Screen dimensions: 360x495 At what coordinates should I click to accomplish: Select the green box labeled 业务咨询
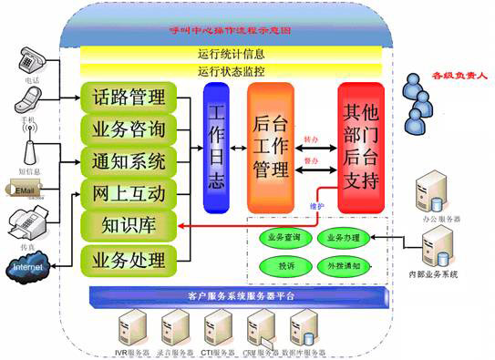(x=129, y=129)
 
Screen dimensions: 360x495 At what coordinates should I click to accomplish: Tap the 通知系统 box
(x=129, y=161)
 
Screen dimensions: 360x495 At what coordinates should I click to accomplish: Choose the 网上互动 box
(x=129, y=193)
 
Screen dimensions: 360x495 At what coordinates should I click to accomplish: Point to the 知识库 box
(x=129, y=224)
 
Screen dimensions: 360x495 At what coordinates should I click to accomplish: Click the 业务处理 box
(x=129, y=261)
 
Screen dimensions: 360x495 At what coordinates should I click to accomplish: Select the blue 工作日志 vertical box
(x=217, y=149)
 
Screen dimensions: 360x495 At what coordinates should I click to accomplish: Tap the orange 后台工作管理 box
(x=271, y=149)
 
